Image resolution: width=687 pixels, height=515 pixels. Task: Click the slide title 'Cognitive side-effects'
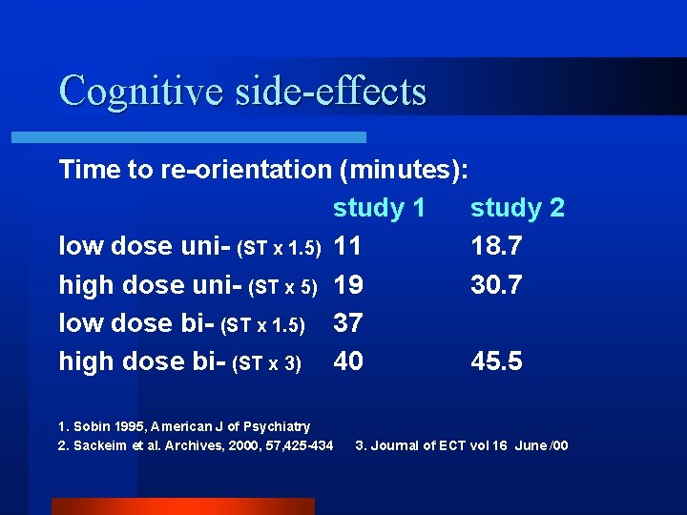pos(242,91)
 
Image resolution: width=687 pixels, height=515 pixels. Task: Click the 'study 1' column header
pos(378,208)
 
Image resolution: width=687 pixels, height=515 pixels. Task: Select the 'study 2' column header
pos(517,208)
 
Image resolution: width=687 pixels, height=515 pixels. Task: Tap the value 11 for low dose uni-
pos(348,246)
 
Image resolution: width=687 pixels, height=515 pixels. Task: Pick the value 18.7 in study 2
pos(496,246)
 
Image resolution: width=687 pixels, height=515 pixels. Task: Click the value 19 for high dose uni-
pos(348,284)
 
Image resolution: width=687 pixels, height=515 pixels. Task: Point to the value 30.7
pos(496,284)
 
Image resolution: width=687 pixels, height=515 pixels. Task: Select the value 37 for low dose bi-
pos(348,322)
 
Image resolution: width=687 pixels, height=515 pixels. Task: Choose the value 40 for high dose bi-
pos(348,360)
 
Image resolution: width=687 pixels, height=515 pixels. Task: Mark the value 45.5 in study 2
pos(496,360)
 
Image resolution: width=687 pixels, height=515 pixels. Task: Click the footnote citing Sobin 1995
pos(184,425)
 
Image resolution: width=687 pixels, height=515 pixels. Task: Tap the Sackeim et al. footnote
pos(196,445)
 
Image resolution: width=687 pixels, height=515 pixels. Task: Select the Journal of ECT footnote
pos(462,445)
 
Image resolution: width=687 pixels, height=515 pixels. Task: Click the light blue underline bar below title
pos(188,137)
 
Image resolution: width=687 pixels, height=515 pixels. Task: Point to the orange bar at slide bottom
pos(182,505)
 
